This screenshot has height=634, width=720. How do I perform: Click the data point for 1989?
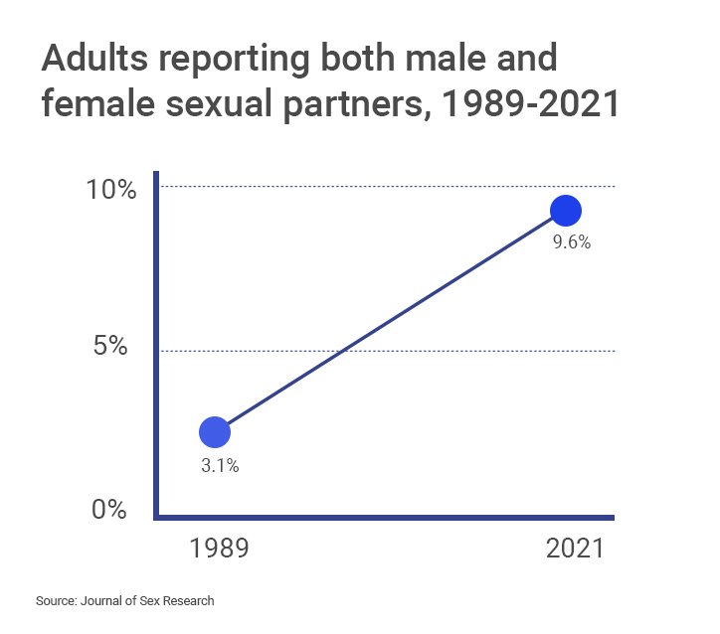[x=215, y=431]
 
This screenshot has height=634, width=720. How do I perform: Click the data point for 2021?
[x=565, y=211]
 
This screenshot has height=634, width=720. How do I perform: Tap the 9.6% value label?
[x=572, y=241]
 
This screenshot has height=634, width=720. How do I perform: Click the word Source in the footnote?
[x=56, y=601]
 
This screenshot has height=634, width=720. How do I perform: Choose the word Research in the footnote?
[x=188, y=601]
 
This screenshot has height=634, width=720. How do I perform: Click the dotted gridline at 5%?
[x=398, y=351]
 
